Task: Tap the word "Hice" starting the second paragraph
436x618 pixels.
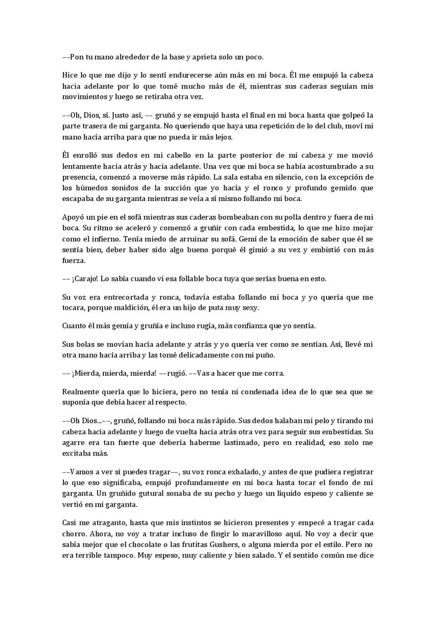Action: tap(70, 75)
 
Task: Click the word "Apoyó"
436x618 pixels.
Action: tap(72, 217)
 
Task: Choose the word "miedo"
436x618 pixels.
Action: tap(146, 239)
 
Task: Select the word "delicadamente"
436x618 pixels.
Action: tap(200, 355)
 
